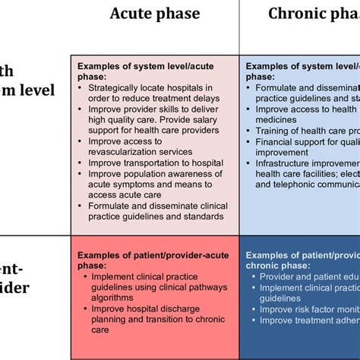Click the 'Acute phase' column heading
(155, 14)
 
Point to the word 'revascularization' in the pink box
(123, 151)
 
